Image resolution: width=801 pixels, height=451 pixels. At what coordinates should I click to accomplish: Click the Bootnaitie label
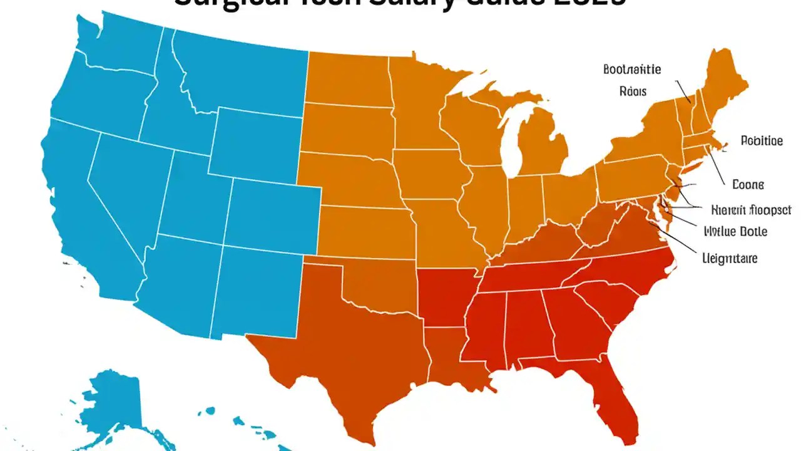coord(632,70)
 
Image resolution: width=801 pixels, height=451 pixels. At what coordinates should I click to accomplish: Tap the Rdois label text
coord(633,91)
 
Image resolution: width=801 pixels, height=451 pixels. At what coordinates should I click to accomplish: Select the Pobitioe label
coord(761,141)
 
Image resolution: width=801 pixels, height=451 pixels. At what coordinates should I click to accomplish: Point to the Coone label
coord(748,185)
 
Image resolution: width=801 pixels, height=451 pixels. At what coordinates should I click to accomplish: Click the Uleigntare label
coord(730,258)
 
